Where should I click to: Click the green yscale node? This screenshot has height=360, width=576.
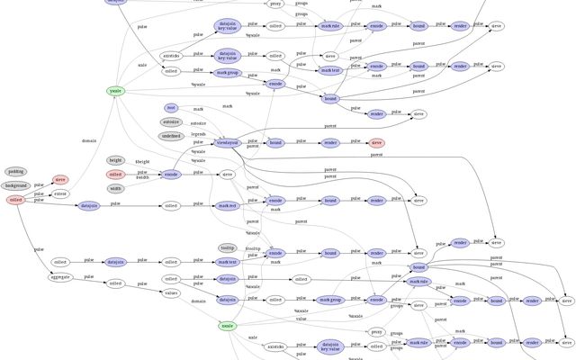coord(115,91)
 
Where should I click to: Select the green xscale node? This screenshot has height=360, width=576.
coord(228,325)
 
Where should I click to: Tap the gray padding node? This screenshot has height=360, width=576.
coord(16,171)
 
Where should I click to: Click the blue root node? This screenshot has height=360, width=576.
coord(171,108)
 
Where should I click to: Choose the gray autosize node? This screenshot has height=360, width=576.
coord(171,122)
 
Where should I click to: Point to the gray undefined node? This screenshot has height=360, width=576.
coord(171,136)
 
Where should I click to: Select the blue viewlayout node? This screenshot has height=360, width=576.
coord(228,142)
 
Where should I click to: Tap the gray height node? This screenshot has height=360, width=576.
coord(115,160)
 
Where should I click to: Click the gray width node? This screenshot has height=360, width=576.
coord(115,189)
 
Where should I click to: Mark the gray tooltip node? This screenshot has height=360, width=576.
coord(228,247)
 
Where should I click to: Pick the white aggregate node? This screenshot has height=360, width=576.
coord(60,278)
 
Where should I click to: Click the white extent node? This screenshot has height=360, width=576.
coord(60,193)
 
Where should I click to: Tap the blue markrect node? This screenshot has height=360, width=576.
coord(228,206)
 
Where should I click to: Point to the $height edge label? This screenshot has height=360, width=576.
coord(143,162)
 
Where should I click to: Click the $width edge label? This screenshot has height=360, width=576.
coord(143,178)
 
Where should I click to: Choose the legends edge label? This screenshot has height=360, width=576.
coord(198,133)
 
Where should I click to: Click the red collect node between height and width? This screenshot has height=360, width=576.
coord(115,175)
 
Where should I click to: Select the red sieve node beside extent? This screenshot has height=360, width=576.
coord(60,179)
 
